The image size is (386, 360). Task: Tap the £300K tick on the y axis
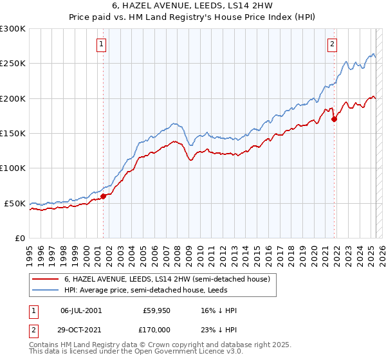[x=13, y=29]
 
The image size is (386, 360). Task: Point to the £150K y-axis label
[x=13, y=133]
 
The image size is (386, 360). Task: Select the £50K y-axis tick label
[x=15, y=203]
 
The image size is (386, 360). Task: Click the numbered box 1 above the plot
[x=102, y=44]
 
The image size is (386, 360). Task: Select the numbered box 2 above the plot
[x=332, y=44]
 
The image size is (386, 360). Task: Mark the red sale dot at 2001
[x=103, y=196]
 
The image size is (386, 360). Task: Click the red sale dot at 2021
[x=335, y=119]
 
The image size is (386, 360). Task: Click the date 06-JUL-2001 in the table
[x=80, y=310]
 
